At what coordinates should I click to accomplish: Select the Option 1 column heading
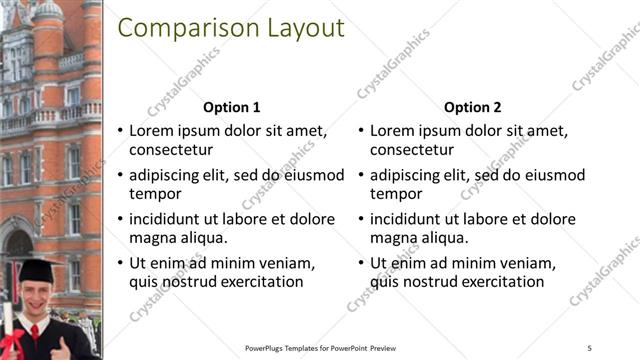pyautogui.click(x=232, y=108)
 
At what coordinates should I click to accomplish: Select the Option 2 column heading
pyautogui.click(x=473, y=108)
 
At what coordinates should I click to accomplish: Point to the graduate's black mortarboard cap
pyautogui.click(x=36, y=268)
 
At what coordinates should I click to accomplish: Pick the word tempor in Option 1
pyautogui.click(x=155, y=194)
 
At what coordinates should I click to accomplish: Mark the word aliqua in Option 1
pyautogui.click(x=200, y=238)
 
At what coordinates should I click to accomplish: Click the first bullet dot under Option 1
pyautogui.click(x=120, y=131)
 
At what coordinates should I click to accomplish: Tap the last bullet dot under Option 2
pyautogui.click(x=361, y=263)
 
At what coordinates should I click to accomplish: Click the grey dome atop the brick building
pyautogui.click(x=48, y=10)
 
